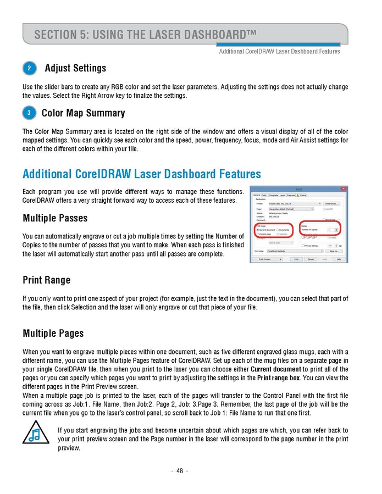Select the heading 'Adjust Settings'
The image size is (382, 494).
(75, 69)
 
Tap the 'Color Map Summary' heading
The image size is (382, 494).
(83, 114)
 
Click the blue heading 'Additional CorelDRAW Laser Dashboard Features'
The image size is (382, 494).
(142, 174)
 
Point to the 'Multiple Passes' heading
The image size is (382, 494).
(55, 219)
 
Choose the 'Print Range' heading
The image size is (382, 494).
(47, 280)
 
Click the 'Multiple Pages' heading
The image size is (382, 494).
(53, 334)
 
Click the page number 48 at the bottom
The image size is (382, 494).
(180, 471)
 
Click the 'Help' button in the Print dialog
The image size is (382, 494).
(339, 259)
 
